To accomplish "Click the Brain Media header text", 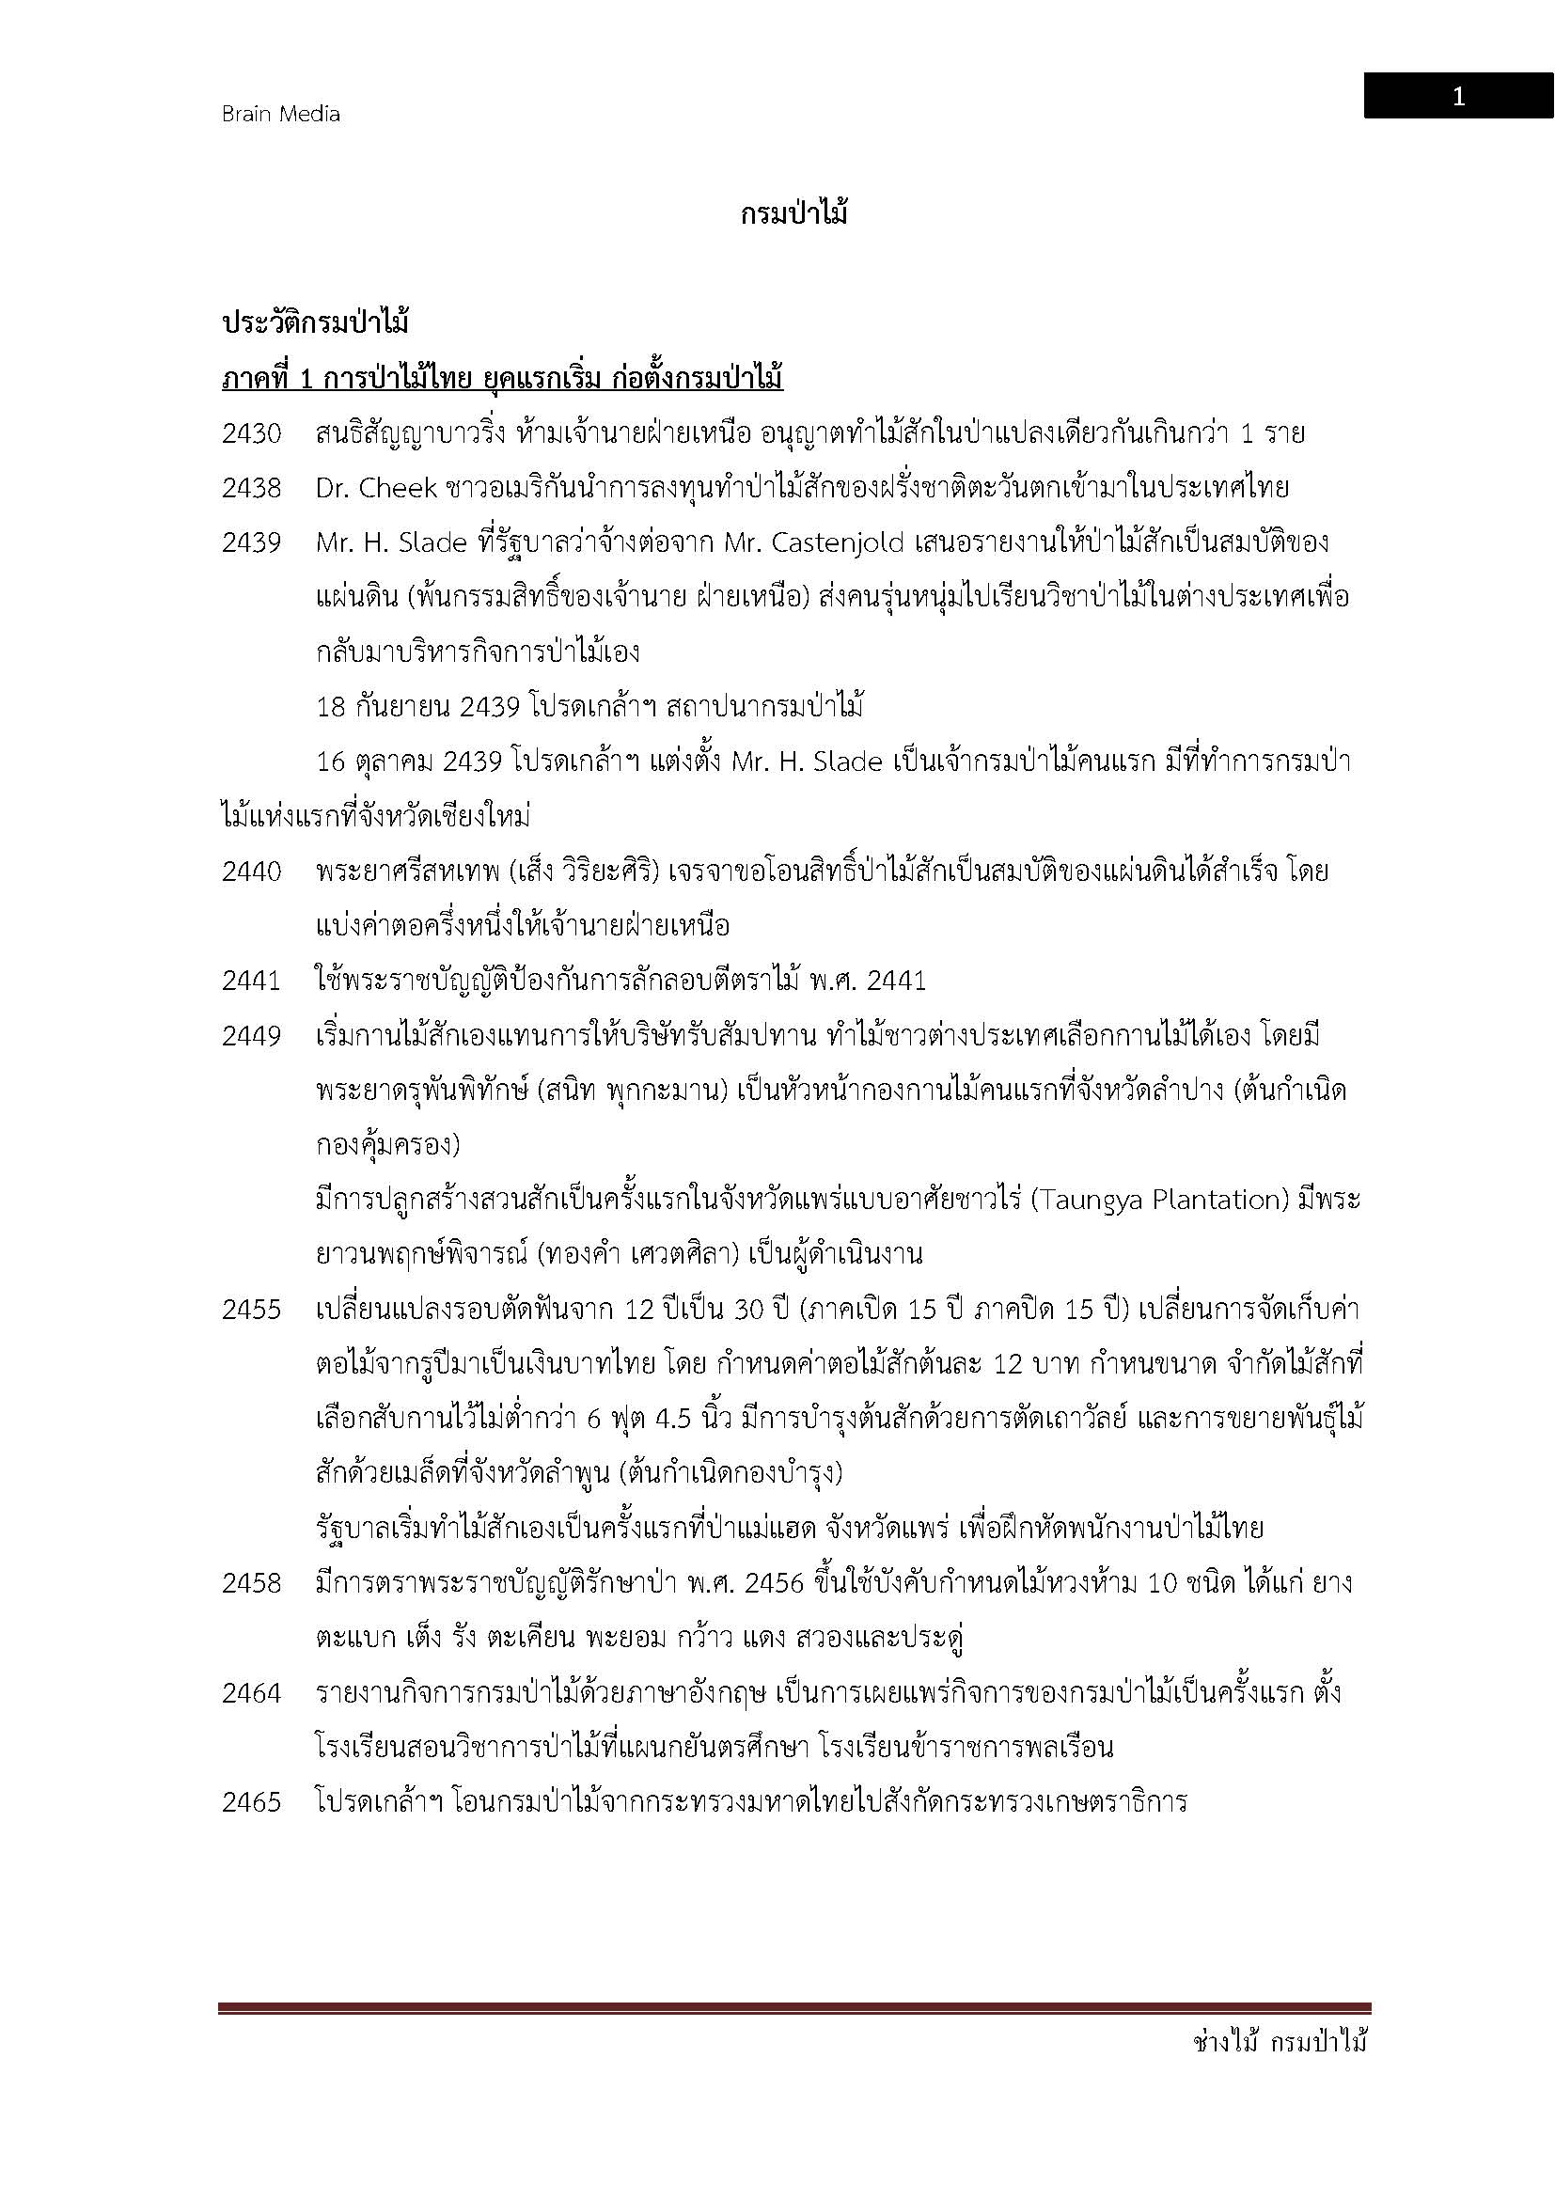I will [x=280, y=114].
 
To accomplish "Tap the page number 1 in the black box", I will [x=1457, y=97].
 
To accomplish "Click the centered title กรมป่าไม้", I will [x=793, y=214].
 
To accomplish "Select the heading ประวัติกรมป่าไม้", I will [x=316, y=323].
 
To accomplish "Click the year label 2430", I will [x=252, y=433].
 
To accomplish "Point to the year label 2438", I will [x=252, y=489].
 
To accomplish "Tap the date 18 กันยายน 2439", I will [x=417, y=707].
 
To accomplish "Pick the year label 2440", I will [x=252, y=872].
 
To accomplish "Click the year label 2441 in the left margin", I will [x=252, y=981].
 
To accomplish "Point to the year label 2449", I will [x=252, y=1036].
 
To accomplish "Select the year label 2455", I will [x=252, y=1310].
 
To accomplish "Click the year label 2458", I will [x=252, y=1583].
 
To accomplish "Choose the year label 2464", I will [x=252, y=1693].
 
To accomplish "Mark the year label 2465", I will [x=252, y=1802].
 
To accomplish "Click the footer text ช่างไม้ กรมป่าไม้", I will [x=1280, y=2043].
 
